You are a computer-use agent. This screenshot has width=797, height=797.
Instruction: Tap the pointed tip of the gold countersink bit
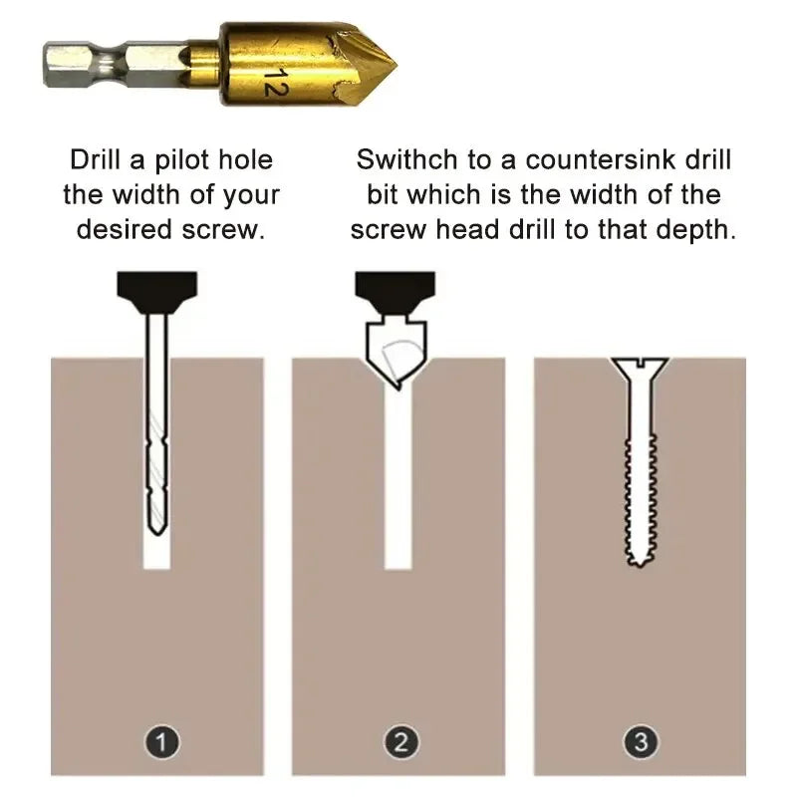click(392, 66)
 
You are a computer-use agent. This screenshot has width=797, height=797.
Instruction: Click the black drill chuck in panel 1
click(156, 288)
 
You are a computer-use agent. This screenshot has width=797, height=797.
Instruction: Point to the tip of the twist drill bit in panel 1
click(155, 528)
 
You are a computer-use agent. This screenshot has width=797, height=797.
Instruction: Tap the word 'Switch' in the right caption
click(404, 159)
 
